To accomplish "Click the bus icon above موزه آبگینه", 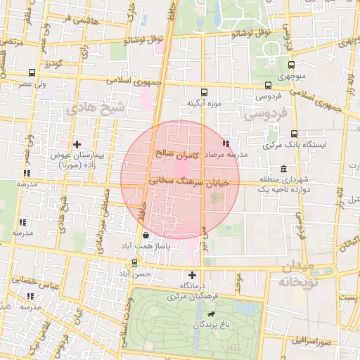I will pos(205,92).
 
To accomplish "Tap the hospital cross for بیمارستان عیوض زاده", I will pos(77,143).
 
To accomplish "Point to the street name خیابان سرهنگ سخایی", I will pos(181,181).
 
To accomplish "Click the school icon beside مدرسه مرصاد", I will pos(225,143).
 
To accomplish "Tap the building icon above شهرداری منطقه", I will pos(283,169).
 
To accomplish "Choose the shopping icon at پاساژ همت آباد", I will pos(145,236).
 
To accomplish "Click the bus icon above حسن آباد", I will pos(134,264).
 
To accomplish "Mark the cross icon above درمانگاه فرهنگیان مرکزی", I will pos(193,275).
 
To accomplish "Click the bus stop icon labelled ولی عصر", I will pos(32,72).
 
